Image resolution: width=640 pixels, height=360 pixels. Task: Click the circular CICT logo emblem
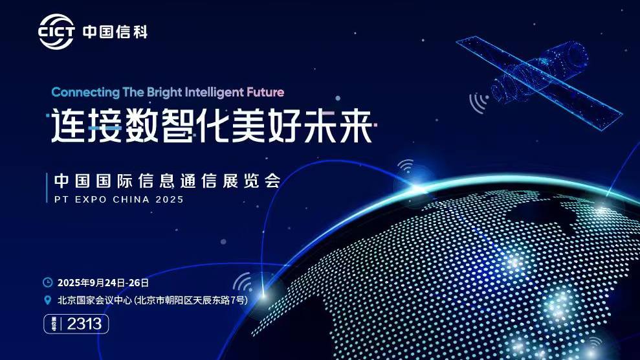[56, 32]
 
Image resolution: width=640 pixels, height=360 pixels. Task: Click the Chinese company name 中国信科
[115, 32]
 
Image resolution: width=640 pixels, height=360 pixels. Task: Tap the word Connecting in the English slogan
[85, 92]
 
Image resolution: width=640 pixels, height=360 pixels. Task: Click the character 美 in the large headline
[249, 126]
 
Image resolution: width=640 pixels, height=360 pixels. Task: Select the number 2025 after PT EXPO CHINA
[170, 199]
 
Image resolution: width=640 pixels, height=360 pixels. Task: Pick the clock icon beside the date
[48, 282]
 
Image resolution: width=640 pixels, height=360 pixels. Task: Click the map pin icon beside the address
[48, 300]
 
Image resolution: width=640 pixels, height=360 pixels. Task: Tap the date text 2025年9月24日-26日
[103, 282]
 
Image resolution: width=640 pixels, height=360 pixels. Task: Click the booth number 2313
[84, 324]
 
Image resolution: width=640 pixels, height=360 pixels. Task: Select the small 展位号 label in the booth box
[54, 324]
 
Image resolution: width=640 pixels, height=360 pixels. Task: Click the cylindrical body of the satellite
[540, 73]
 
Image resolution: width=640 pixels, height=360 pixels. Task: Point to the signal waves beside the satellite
[478, 102]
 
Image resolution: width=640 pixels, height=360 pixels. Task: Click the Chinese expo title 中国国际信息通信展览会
[168, 181]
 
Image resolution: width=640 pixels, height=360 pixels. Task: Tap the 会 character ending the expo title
[272, 181]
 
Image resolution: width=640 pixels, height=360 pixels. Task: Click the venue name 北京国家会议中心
[94, 300]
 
